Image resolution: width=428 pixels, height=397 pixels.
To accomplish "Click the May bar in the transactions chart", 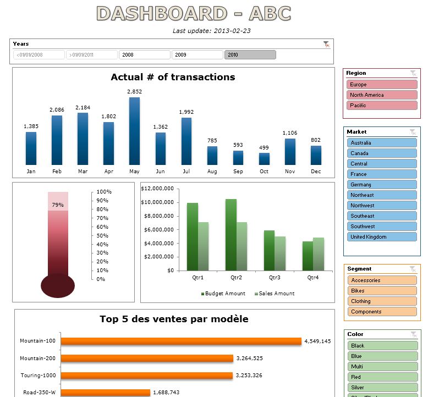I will [x=134, y=131].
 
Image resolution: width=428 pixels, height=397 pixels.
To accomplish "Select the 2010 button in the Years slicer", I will [x=250, y=55].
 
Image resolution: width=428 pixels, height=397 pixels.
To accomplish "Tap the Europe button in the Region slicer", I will [x=382, y=85].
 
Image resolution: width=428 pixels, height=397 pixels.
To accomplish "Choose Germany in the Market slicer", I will [x=382, y=185].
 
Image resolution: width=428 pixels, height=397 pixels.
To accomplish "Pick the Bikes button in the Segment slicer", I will [x=382, y=291].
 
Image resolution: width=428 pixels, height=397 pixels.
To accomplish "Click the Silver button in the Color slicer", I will [x=382, y=388].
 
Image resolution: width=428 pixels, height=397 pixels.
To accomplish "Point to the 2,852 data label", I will [x=134, y=92].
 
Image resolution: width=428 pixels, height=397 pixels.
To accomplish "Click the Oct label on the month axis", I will [x=264, y=172].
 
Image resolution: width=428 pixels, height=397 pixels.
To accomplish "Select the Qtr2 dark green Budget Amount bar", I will [x=231, y=235].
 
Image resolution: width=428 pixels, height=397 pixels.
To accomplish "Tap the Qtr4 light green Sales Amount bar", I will [x=319, y=254].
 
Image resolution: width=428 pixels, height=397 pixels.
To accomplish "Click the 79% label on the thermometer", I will [x=58, y=205].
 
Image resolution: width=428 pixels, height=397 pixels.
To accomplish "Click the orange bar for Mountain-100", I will [x=181, y=341].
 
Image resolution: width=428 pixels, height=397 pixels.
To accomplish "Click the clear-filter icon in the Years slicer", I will [x=327, y=44].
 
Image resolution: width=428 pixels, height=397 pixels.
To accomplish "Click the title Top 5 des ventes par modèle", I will [x=174, y=319].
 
